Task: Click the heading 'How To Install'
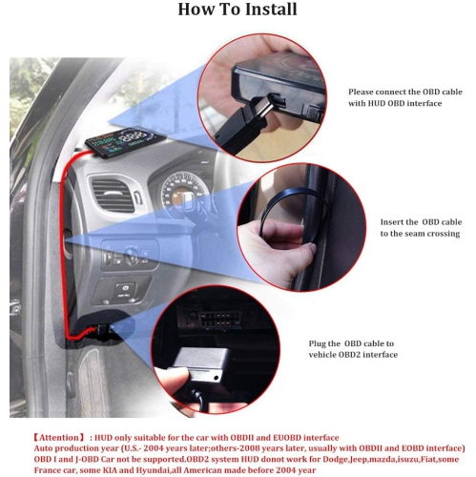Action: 238,10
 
